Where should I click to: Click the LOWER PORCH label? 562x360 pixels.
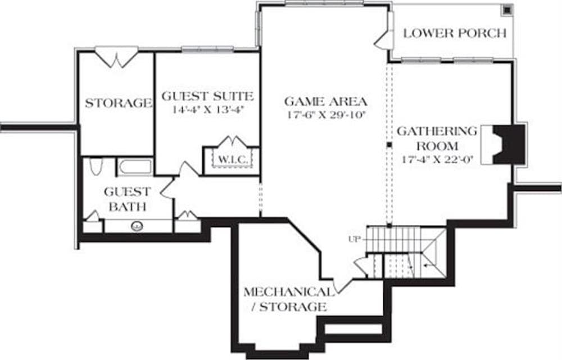455,33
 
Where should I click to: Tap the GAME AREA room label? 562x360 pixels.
325,102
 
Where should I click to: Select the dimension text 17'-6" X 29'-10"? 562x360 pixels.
325,115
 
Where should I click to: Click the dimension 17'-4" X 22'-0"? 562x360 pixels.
437,159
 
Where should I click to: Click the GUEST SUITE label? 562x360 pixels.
207,96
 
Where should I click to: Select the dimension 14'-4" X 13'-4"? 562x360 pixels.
207,109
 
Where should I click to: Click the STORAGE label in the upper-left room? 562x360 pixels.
118,103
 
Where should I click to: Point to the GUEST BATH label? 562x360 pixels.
127,199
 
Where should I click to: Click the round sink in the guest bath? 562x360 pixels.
136,226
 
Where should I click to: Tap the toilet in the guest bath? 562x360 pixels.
96,167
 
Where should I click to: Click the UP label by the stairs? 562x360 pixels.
353,240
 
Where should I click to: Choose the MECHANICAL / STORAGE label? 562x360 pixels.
287,299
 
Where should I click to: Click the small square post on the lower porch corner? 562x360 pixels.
506,10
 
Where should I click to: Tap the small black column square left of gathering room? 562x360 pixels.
389,146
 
